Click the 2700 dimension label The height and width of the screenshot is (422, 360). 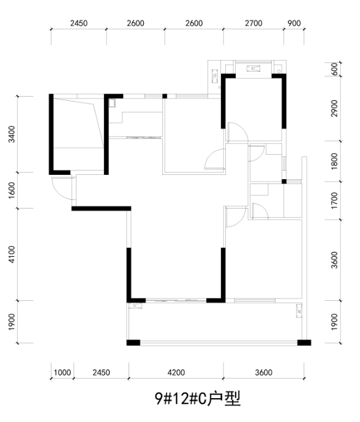[x=253, y=23]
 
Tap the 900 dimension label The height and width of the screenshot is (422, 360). [x=294, y=23]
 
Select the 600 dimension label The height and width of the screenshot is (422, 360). [x=334, y=69]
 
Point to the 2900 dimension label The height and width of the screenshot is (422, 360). [x=334, y=108]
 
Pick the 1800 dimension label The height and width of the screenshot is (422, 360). [x=334, y=161]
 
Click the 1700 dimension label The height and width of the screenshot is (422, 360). [x=334, y=201]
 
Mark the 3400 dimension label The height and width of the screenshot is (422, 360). [x=12, y=134]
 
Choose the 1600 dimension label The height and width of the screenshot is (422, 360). [x=12, y=190]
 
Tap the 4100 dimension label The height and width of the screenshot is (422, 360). [x=12, y=254]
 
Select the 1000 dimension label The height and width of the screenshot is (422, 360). [x=62, y=372]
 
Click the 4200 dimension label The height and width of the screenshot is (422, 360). [x=176, y=372]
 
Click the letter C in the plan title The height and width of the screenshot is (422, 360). [x=202, y=399]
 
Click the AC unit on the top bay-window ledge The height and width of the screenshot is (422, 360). [x=253, y=68]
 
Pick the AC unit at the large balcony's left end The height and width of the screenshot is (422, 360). [x=135, y=306]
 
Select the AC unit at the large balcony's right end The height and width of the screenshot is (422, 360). [x=299, y=311]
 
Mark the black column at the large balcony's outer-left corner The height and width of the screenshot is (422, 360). [x=133, y=342]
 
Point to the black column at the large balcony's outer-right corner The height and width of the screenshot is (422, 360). [x=304, y=342]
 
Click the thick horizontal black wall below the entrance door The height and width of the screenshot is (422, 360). [x=101, y=209]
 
